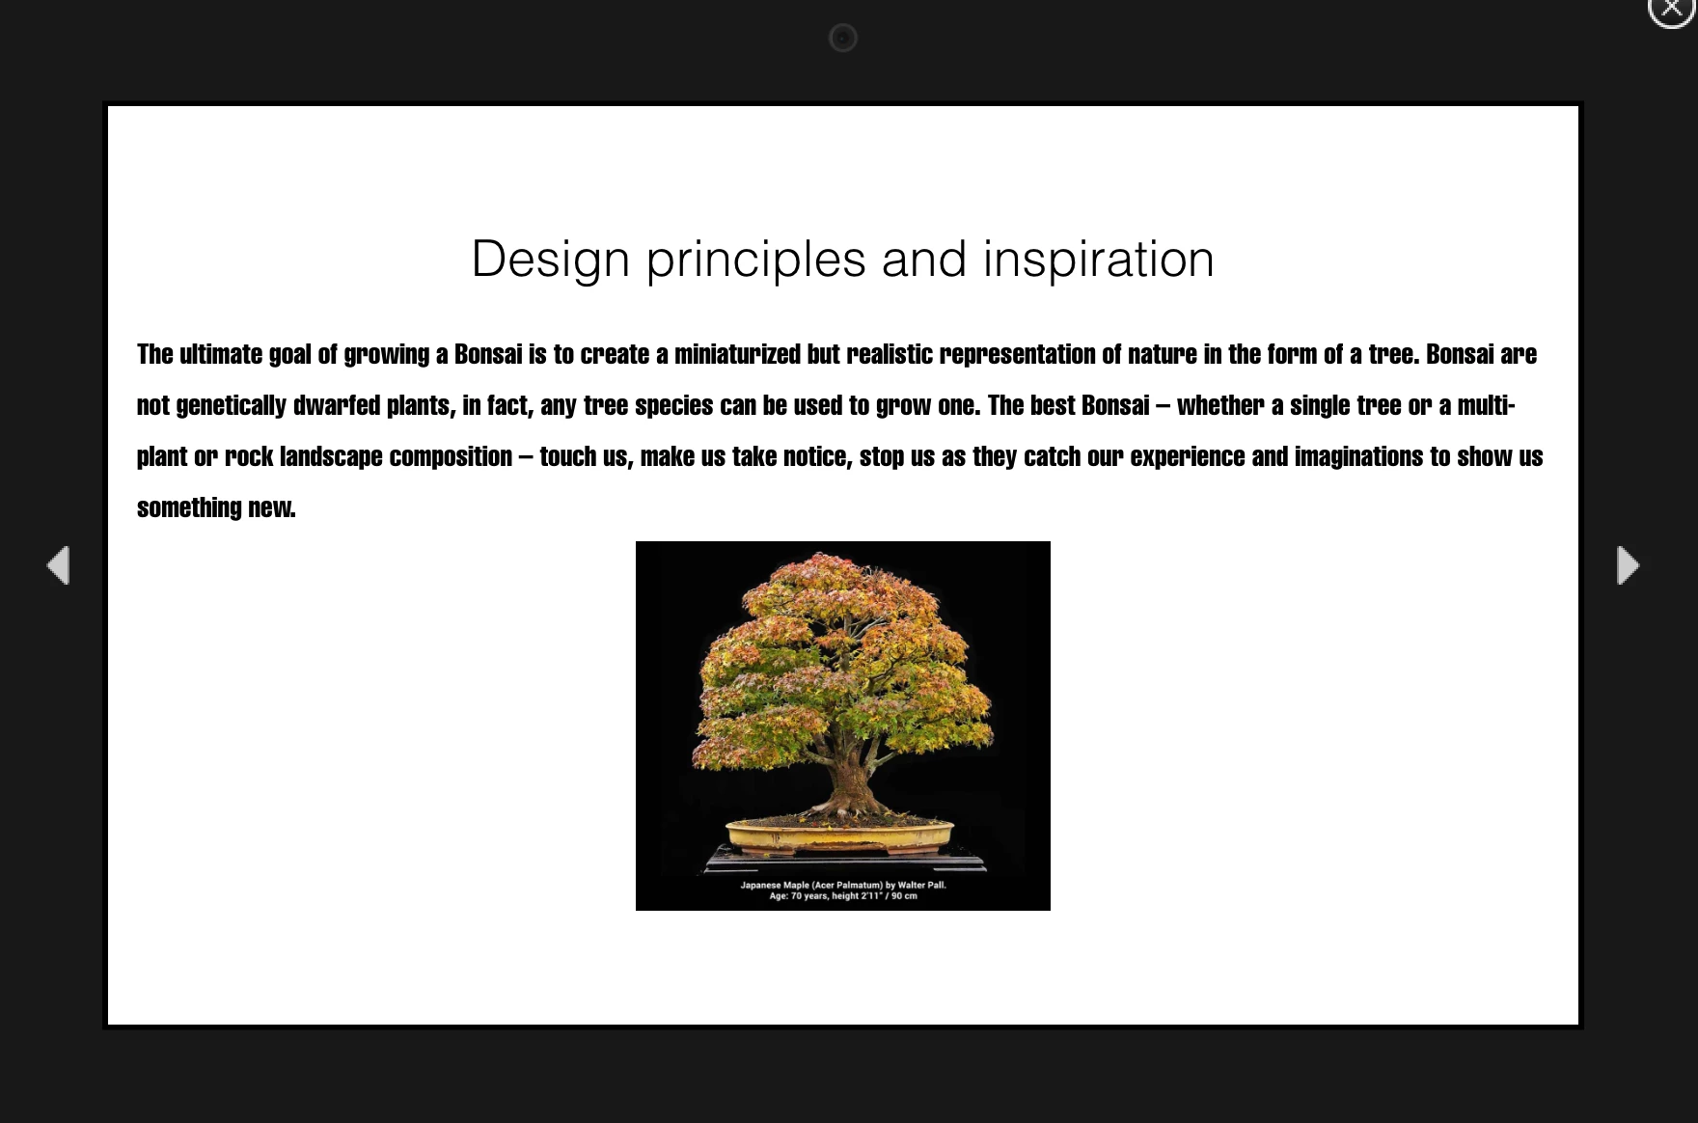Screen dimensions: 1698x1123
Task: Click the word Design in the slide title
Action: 550,260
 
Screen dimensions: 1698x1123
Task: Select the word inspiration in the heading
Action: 1099,260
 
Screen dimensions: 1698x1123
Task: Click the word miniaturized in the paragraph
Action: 737,354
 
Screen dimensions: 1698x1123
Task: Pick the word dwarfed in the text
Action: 337,405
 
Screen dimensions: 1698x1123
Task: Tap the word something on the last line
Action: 189,508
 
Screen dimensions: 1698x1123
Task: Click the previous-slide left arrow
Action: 59,565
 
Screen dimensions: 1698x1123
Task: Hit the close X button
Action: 1672,9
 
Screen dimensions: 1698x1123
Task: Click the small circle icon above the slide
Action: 843,38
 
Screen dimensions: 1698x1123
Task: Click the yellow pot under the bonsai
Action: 839,835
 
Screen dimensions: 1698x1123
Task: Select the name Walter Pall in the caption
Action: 922,885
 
